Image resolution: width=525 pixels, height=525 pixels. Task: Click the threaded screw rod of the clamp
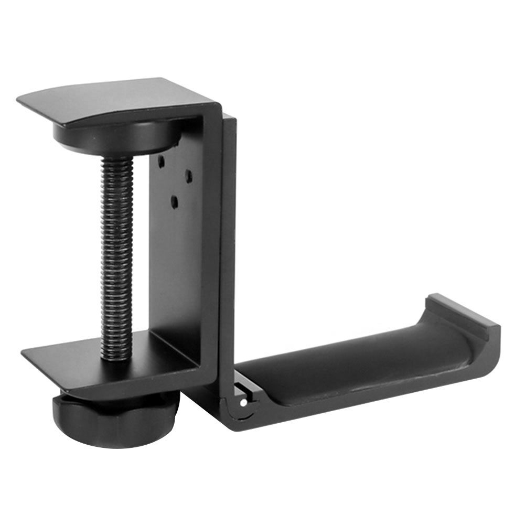[x=116, y=252]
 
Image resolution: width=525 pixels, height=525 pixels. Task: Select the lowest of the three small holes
[x=175, y=200]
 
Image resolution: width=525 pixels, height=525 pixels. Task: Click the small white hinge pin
[x=243, y=403]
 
